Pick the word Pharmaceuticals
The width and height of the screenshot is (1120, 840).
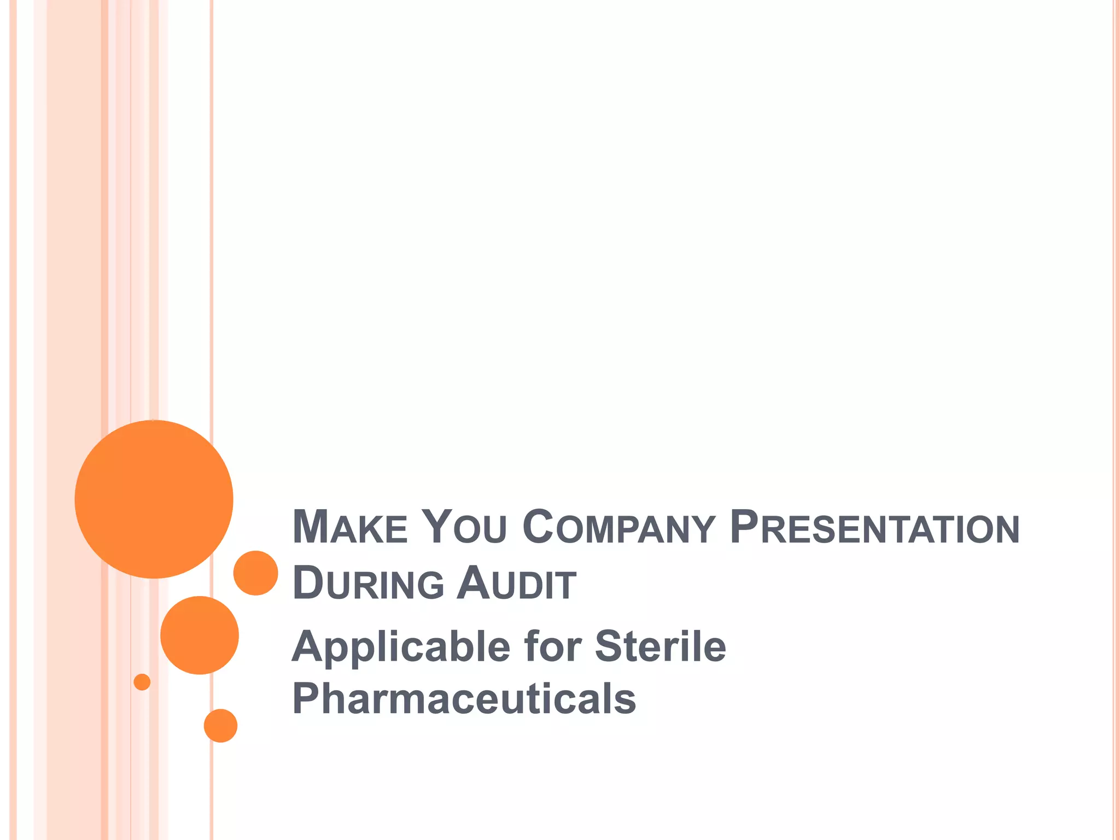(464, 698)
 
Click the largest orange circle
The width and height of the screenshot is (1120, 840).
(154, 499)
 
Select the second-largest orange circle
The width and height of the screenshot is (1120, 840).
(200, 635)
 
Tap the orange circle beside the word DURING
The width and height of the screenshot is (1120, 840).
(256, 573)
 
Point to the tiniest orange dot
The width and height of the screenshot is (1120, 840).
(142, 682)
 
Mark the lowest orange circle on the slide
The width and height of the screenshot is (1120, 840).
(220, 726)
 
